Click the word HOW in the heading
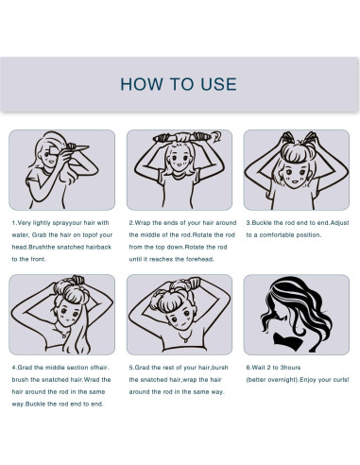coord(142,84)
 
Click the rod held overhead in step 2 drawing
coord(182,138)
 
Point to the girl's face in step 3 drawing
coord(295,175)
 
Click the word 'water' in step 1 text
coord(20,235)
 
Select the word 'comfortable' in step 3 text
coord(278,235)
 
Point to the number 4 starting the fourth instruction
coord(14,368)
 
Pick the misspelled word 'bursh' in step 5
coord(220,368)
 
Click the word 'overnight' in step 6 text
coord(283,380)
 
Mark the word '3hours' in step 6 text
coord(290,368)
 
